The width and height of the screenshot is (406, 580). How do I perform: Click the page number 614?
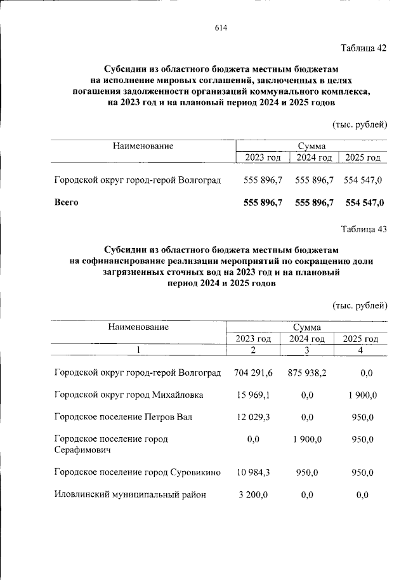(x=221, y=28)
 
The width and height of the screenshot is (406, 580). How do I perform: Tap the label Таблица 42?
(x=363, y=49)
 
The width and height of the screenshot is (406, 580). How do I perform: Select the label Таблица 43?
(x=363, y=229)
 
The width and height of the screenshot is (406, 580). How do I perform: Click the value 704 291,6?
(x=252, y=372)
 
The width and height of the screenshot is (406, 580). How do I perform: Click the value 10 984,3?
(x=252, y=473)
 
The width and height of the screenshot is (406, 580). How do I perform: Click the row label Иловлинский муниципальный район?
(x=130, y=495)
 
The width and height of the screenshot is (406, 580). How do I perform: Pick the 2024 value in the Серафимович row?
(x=307, y=439)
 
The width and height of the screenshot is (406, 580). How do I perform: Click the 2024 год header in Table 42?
(x=314, y=157)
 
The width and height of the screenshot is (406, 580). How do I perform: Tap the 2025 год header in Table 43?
(x=360, y=339)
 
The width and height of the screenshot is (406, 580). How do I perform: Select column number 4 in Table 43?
(x=360, y=350)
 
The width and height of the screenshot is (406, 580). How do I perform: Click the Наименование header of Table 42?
(x=143, y=146)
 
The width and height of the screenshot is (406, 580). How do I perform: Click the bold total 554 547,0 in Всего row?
(x=363, y=203)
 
